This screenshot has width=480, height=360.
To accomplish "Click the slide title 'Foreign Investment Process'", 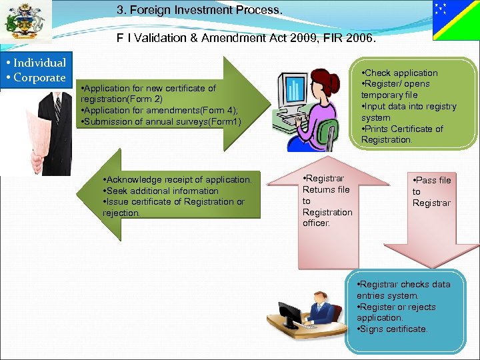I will (x=199, y=11).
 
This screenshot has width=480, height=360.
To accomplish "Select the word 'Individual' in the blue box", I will (x=39, y=63).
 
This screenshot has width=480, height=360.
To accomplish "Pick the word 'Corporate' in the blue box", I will (x=39, y=77).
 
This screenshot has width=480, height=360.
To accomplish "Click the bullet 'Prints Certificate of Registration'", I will (x=402, y=134).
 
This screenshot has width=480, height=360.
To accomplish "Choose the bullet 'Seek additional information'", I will (x=161, y=191).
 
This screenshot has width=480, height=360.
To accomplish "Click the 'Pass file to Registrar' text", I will (x=431, y=191).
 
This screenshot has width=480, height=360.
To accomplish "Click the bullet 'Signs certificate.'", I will (x=394, y=329).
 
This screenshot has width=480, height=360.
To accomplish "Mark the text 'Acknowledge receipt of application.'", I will (x=177, y=179).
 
